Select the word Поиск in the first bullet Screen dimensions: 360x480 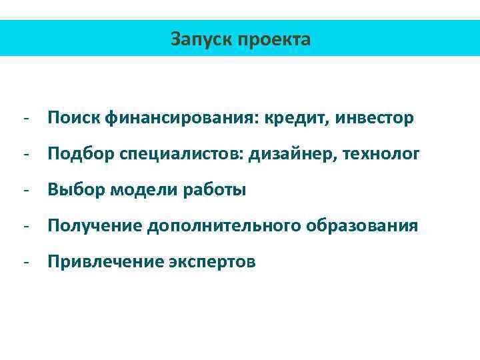[73, 119]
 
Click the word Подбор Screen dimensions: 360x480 [80, 155]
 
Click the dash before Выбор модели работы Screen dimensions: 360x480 [25, 191]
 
